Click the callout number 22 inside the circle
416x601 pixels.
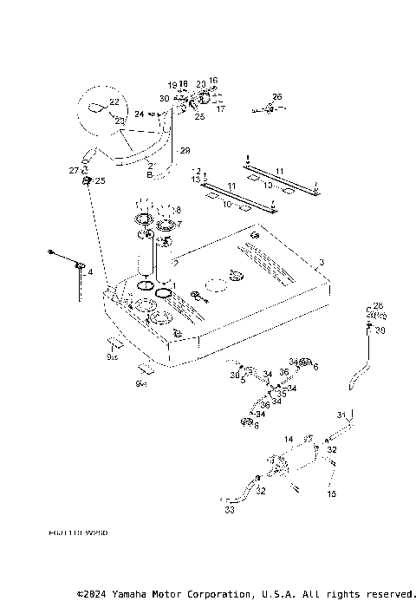click(x=114, y=102)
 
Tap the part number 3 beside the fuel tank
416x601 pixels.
click(x=321, y=261)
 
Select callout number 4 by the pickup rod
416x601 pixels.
click(x=89, y=272)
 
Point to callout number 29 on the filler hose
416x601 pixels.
click(x=184, y=151)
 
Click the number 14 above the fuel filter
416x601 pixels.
click(x=289, y=440)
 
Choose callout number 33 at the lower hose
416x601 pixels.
click(x=229, y=512)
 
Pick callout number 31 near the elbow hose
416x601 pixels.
click(x=341, y=414)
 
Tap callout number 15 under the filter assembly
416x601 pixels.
click(x=330, y=493)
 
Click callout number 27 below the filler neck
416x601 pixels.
click(x=74, y=171)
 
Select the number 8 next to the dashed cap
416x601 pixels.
click(x=179, y=210)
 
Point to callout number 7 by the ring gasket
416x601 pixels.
click(x=179, y=224)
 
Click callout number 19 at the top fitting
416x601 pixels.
click(x=172, y=84)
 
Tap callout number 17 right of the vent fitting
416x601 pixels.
click(x=220, y=109)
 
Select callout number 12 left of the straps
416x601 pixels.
click(x=196, y=179)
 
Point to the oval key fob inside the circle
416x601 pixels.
click(x=99, y=108)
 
